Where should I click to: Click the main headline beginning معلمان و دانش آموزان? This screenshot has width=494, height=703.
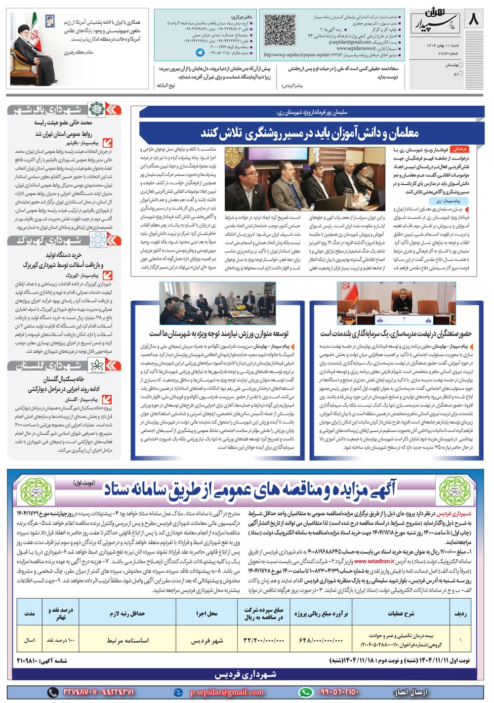[x=310, y=132]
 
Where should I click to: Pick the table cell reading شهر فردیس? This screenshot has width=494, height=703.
[x=207, y=640]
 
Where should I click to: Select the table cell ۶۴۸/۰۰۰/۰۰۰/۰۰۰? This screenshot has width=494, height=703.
[x=321, y=640]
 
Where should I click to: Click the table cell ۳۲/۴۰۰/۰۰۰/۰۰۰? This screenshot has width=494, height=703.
[x=264, y=640]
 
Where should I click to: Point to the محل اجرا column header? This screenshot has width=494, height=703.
[x=207, y=614]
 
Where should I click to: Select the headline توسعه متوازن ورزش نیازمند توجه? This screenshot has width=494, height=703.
[x=219, y=333]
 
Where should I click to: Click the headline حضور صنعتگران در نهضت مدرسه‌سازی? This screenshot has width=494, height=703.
[x=396, y=333]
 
